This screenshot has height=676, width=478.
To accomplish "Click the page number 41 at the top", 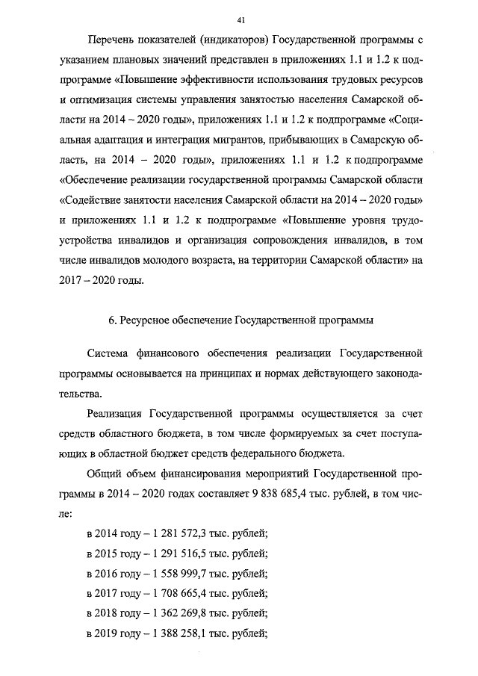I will pos(239,17).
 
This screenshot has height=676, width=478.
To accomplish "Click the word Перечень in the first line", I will pos(111,38).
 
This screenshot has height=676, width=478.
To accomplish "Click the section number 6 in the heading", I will pos(111,321).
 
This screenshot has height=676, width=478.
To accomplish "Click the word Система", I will pos(111,351).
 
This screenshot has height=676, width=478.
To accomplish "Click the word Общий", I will pos(105,474).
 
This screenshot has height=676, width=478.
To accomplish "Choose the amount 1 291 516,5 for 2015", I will pos(179,554).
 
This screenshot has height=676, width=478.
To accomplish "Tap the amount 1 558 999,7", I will pos(179,574).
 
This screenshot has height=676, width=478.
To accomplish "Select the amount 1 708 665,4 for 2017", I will pos(179,595).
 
